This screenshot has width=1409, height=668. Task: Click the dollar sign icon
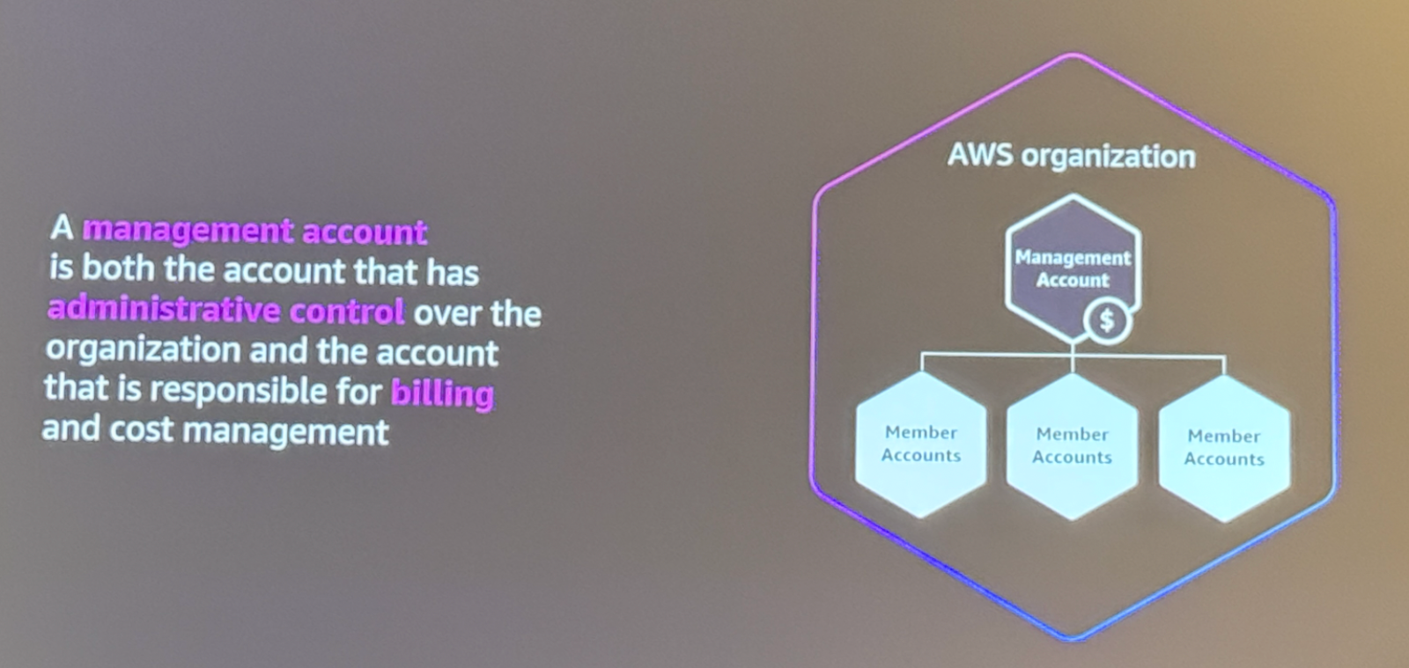tap(1107, 320)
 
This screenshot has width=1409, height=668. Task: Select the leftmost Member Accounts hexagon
tap(921, 444)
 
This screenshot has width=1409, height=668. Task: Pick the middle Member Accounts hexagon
tap(1072, 446)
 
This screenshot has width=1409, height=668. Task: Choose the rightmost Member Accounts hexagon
tap(1224, 448)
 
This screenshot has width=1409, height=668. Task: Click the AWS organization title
tap(1071, 156)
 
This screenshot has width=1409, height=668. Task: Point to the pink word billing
tap(442, 393)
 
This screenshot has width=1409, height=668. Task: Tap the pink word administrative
tap(164, 310)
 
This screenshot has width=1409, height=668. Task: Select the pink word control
tap(347, 312)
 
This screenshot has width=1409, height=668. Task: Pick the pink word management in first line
tap(188, 230)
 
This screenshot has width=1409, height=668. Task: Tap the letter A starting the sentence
tap(61, 228)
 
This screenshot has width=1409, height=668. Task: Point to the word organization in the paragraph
tap(143, 350)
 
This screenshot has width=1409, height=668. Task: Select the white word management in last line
tap(287, 431)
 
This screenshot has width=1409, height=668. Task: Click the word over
tap(446, 313)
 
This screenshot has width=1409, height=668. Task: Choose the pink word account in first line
tap(365, 232)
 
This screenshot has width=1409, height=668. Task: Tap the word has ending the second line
tap(453, 272)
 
